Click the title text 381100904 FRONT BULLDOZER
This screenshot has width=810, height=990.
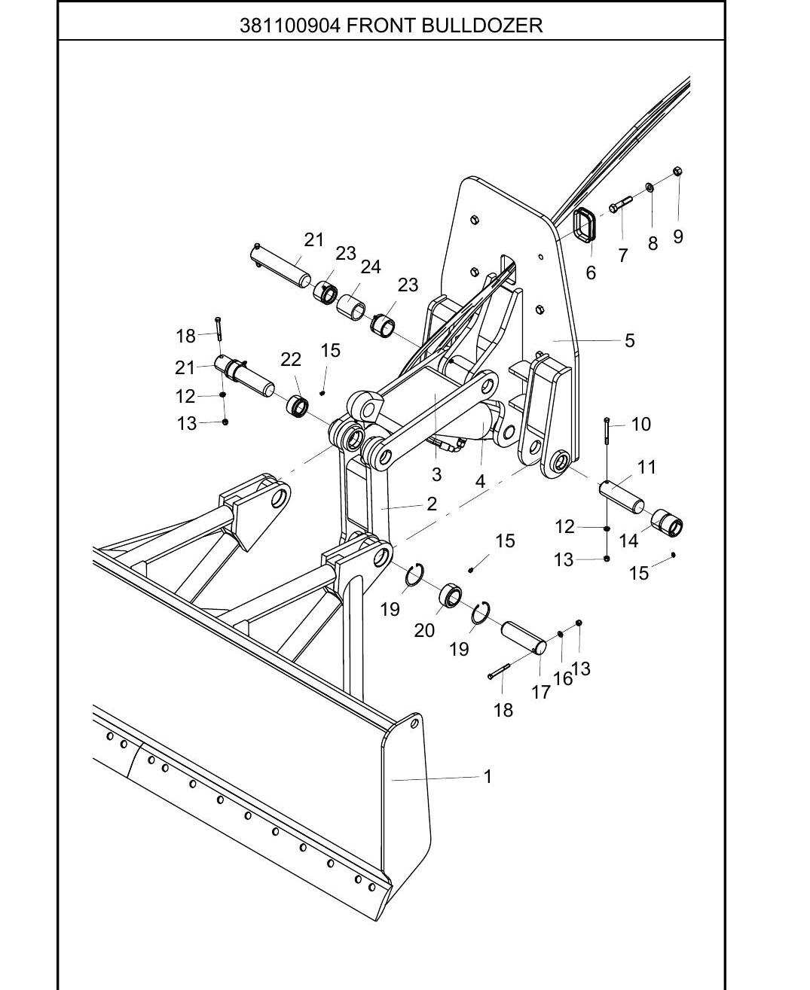coord(391,26)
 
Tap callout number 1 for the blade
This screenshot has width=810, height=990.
coord(488,776)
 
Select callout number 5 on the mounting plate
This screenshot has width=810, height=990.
coord(630,340)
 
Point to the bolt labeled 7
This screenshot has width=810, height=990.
coord(620,204)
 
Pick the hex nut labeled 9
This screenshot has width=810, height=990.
coord(677,171)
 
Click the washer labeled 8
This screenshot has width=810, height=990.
coord(650,187)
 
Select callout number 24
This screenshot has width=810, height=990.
coord(370,267)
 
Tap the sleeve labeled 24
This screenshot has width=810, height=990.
coord(351,307)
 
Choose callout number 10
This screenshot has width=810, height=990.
coord(640,424)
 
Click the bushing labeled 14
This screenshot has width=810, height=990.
coord(667,523)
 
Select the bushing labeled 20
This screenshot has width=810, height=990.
coord(450,596)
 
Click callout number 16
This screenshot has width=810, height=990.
coord(563,678)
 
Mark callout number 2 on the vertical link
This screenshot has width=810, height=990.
coord(432,504)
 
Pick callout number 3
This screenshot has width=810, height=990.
coord(436,474)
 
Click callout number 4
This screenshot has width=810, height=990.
coord(480,481)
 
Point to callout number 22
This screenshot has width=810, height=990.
coord(291,360)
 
